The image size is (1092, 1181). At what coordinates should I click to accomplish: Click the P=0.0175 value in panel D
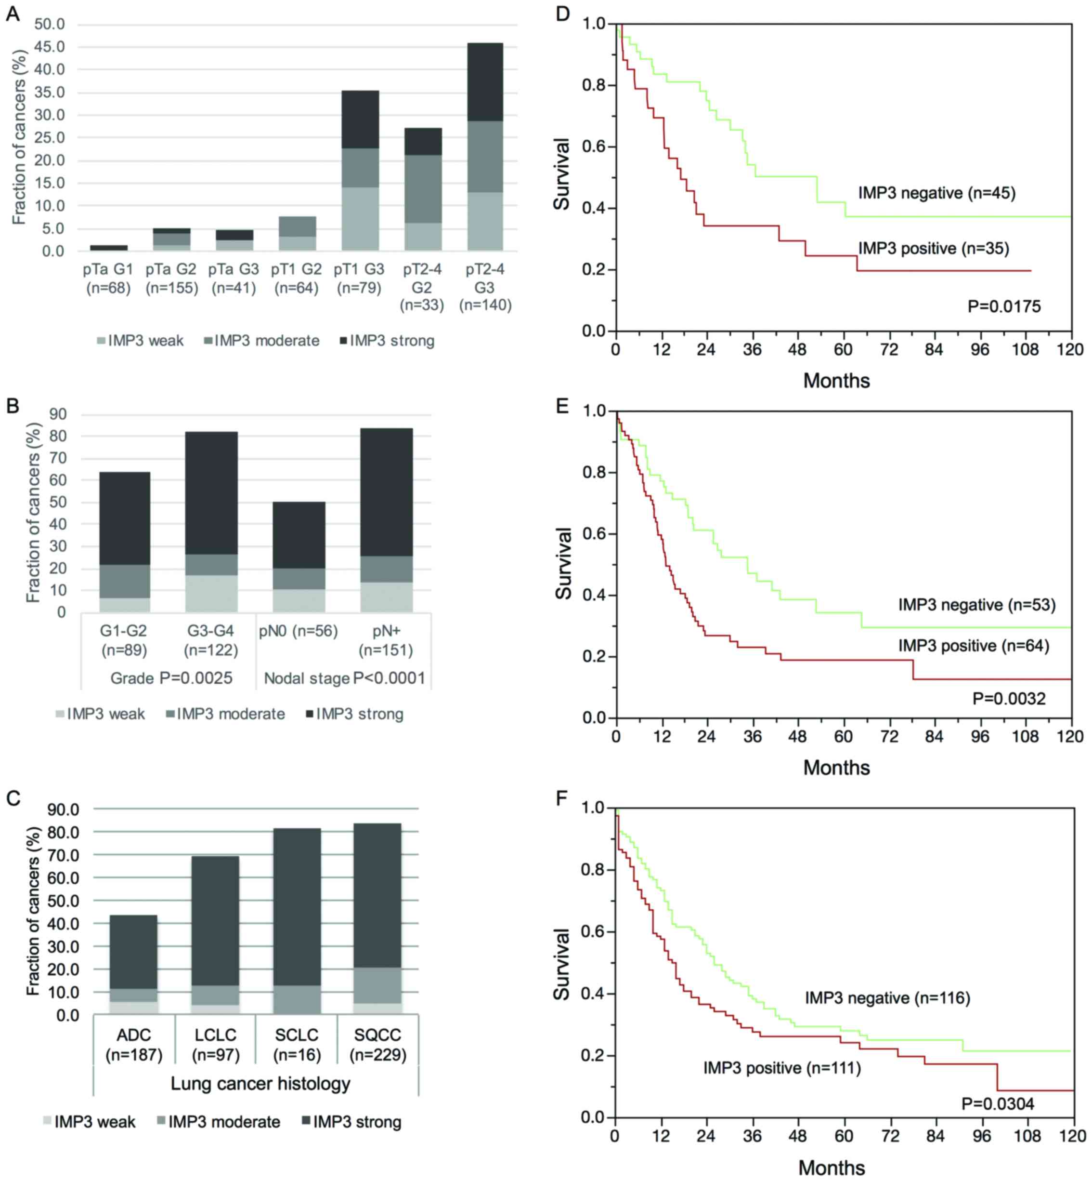(x=1004, y=306)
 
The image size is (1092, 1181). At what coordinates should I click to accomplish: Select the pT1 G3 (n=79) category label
(x=359, y=279)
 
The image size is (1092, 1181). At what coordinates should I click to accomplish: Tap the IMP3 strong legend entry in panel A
(x=387, y=341)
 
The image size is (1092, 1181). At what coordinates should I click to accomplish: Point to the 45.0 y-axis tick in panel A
(x=50, y=47)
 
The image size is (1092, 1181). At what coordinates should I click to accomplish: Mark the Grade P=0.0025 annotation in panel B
(x=171, y=678)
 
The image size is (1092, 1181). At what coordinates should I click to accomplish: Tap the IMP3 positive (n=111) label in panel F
(x=782, y=1067)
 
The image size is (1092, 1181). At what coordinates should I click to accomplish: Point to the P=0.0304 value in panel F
(x=998, y=1103)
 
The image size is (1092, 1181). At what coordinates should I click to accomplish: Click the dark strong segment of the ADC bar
(x=133, y=952)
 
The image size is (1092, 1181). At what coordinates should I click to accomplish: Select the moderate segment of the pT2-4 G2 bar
(x=423, y=189)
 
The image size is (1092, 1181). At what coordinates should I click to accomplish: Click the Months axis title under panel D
(x=836, y=380)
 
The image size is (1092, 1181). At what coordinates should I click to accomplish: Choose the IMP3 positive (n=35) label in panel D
(x=934, y=248)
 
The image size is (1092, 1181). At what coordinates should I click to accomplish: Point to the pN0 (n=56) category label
(x=299, y=631)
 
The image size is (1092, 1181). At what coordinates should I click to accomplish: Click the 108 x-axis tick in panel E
(x=1025, y=736)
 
